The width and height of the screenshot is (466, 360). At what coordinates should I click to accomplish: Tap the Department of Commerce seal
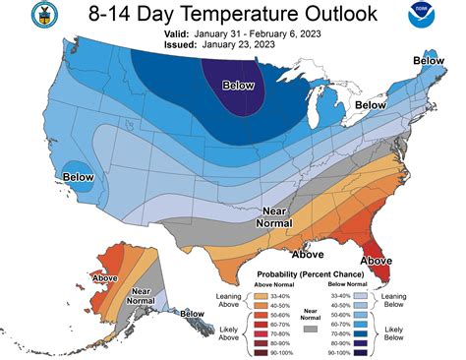pos(17,17)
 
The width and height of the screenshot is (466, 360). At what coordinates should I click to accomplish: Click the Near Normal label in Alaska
pos(141,294)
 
